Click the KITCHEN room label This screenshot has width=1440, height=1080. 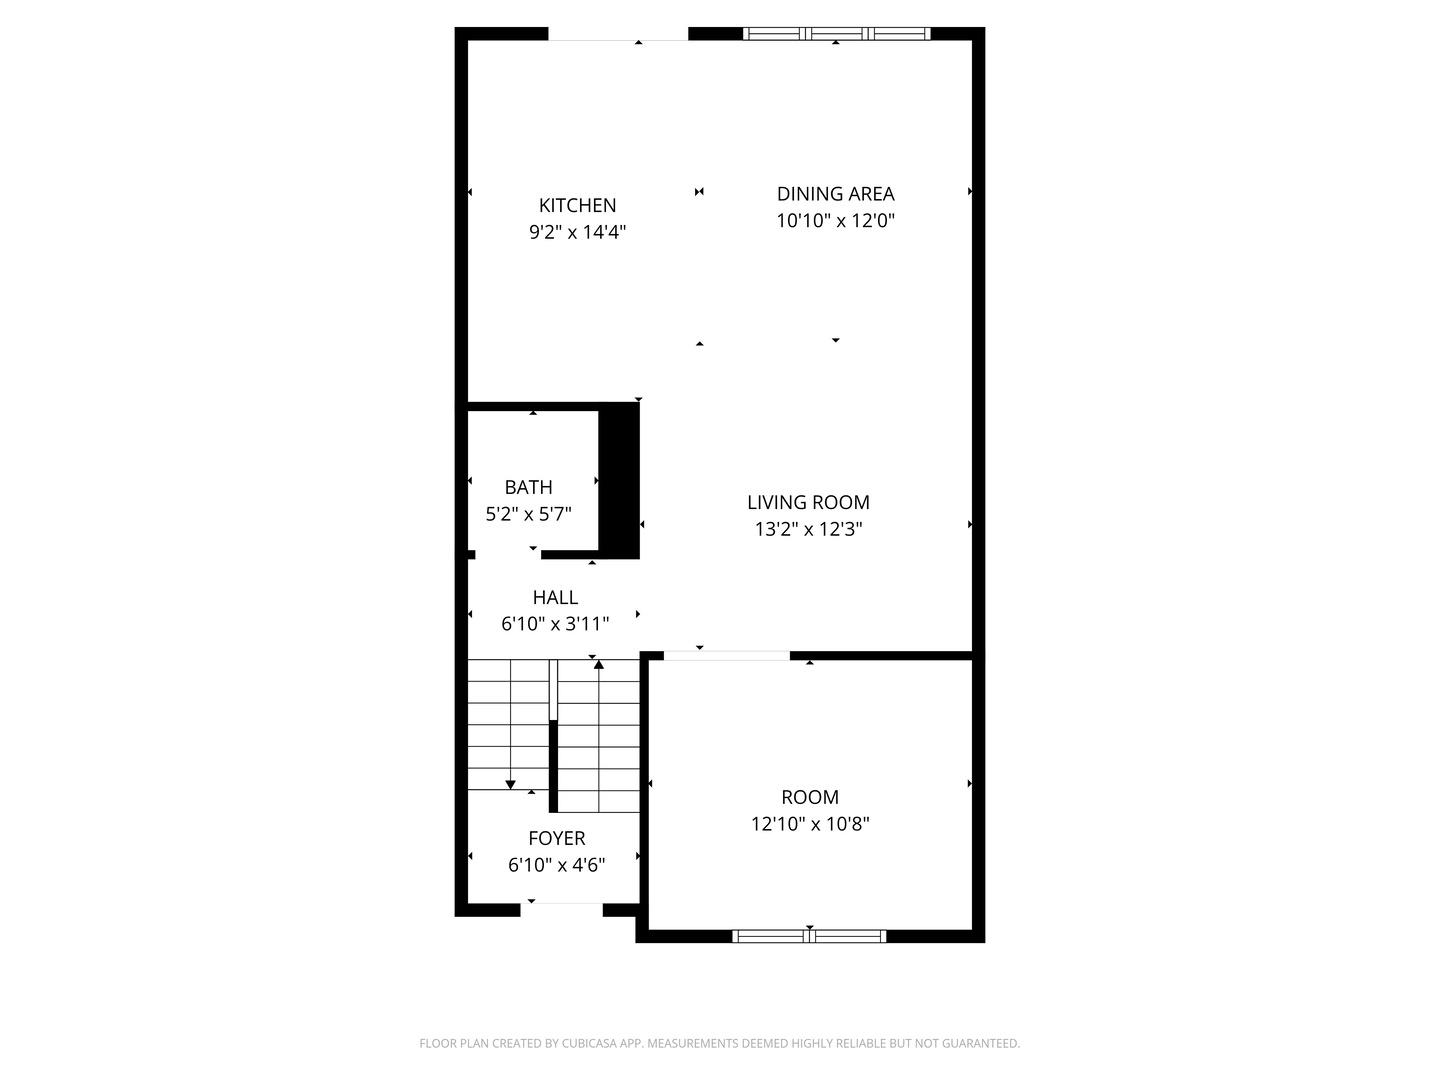[x=577, y=205]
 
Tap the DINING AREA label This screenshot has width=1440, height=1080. [x=835, y=194]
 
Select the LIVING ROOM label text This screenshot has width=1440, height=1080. [x=808, y=502]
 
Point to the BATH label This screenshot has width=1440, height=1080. [x=528, y=487]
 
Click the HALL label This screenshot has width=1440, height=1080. [x=555, y=597]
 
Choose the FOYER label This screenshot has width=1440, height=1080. [x=556, y=838]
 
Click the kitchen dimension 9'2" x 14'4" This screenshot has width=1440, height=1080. [x=577, y=232]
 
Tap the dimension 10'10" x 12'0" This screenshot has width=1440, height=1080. [x=835, y=220]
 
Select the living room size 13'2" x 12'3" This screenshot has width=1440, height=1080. [x=808, y=529]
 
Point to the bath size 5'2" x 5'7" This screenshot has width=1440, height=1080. [x=528, y=514]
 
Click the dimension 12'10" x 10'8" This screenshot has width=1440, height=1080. [x=810, y=824]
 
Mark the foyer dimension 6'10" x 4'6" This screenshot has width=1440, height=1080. [x=556, y=865]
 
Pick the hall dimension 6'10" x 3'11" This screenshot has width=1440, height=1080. [x=555, y=624]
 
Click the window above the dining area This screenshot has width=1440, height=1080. [x=836, y=33]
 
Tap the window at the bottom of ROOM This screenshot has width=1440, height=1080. [x=809, y=936]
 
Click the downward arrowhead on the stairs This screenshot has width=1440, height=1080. [x=510, y=785]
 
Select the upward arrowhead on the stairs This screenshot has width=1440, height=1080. [x=598, y=665]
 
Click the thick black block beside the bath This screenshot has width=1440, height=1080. [x=619, y=481]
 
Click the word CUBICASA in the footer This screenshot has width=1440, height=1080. [x=589, y=1043]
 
